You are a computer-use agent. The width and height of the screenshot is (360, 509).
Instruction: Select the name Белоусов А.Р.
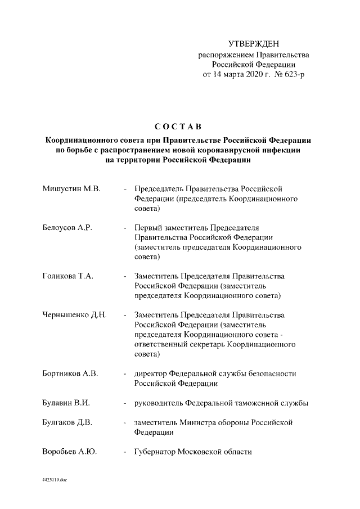point(67,227)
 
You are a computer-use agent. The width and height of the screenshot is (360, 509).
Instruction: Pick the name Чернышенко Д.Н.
point(75,315)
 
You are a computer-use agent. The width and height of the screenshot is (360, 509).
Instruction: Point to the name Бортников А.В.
point(71,373)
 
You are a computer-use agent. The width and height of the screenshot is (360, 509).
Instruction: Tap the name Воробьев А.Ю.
point(69,452)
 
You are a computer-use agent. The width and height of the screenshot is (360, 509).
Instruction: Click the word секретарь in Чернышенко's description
point(202,344)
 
